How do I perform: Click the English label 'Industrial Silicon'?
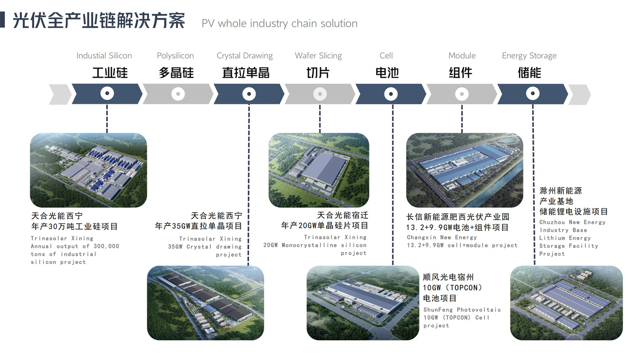pos(104,56)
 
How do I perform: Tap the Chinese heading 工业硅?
pos(110,73)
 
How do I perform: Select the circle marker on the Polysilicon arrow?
pos(178,94)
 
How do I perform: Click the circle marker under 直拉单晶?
pos(249,94)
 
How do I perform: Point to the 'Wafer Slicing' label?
pos(318,56)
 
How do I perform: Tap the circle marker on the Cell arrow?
pos(390,94)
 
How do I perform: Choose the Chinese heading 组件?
pos(460,73)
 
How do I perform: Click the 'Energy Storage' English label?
pos(529,56)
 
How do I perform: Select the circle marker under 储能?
pos(532,94)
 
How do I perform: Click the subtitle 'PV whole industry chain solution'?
pos(279,24)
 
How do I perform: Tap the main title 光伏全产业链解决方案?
pos(99,21)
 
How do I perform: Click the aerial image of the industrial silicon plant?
pos(88,170)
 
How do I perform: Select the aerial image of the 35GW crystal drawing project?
pos(205,303)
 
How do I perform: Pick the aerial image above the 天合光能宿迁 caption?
pos(319,170)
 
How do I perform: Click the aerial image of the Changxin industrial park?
pos(464,170)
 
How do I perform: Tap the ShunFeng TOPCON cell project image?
pos(363,303)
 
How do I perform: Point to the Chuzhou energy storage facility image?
pos(566,303)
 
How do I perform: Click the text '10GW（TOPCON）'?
pos(453,288)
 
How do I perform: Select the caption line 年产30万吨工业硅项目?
pos(75,226)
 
